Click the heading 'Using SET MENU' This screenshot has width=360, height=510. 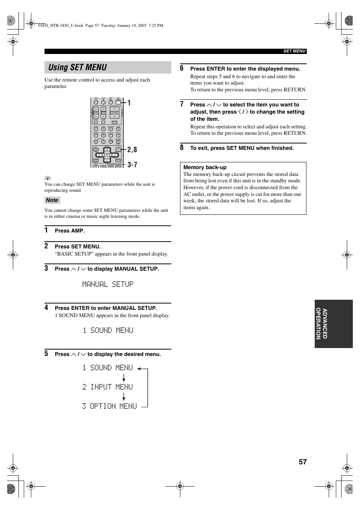tap(78, 68)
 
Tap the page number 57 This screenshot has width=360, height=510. tap(303, 462)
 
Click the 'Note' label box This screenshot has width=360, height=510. tap(52, 200)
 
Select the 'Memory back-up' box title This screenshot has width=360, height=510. tap(205, 167)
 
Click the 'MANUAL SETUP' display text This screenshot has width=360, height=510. tap(108, 284)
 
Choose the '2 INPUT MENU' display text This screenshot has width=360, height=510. tap(108, 387)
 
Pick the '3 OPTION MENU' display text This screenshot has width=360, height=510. tap(109, 406)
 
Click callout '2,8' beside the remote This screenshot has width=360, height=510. tap(132, 150)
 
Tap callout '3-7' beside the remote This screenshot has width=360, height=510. tap(132, 165)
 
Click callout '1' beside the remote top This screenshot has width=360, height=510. tap(129, 103)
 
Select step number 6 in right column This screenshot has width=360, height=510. tap(182, 68)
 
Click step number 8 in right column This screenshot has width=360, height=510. tap(182, 148)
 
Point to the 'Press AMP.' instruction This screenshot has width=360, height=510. tap(69, 231)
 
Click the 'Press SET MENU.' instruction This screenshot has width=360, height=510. tap(78, 247)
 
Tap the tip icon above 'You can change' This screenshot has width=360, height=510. tap(48, 178)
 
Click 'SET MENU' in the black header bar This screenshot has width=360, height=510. tap(294, 51)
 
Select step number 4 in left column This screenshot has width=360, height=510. tap(46, 308)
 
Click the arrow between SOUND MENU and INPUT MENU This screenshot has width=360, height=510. tap(124, 377)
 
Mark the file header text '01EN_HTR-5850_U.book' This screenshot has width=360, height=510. tap(61, 26)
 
